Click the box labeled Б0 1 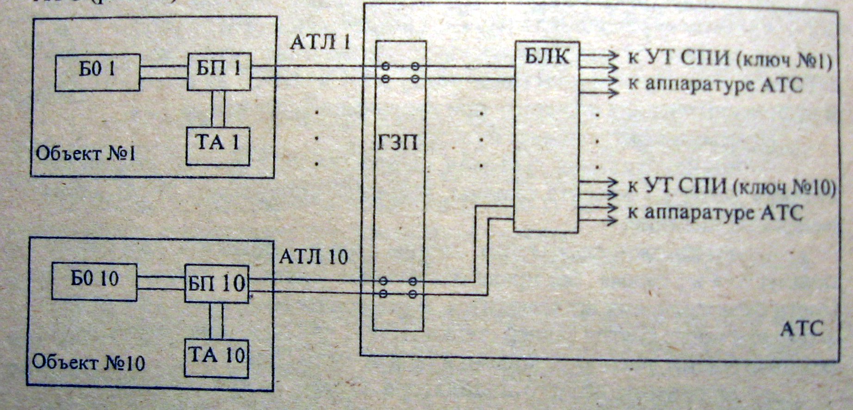click(97, 72)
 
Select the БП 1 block click(219, 70)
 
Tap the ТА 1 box click(218, 145)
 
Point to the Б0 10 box click(94, 282)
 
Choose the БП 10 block click(216, 284)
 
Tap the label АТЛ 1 click(320, 43)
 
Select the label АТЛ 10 click(313, 256)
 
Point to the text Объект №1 click(86, 154)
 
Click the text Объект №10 click(88, 362)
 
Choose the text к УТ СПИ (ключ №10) click(731, 187)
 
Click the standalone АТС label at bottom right click(802, 329)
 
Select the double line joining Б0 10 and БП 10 click(161, 283)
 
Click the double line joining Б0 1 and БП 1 click(163, 72)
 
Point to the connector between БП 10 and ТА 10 click(216, 321)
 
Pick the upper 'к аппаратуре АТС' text click(715, 85)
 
